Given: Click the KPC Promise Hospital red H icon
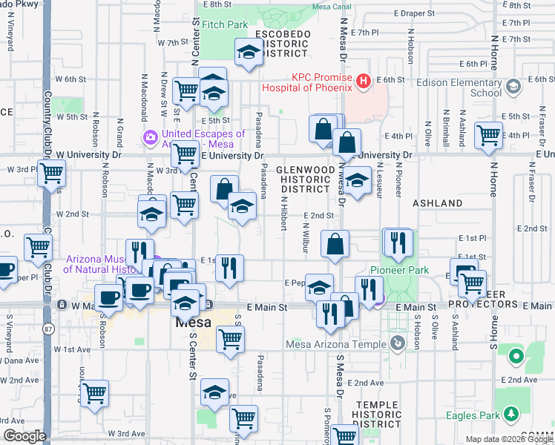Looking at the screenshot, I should click(x=363, y=80).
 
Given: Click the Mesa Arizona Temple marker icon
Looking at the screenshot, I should click(x=398, y=343).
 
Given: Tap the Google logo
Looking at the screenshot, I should click(x=24, y=436).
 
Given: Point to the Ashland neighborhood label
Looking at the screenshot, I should click(x=438, y=202).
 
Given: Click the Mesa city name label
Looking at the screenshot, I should click(x=194, y=323).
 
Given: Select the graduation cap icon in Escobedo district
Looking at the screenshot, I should click(x=249, y=53).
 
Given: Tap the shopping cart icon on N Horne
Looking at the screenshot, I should click(x=489, y=136).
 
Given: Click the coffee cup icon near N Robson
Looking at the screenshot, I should click(x=109, y=298).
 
